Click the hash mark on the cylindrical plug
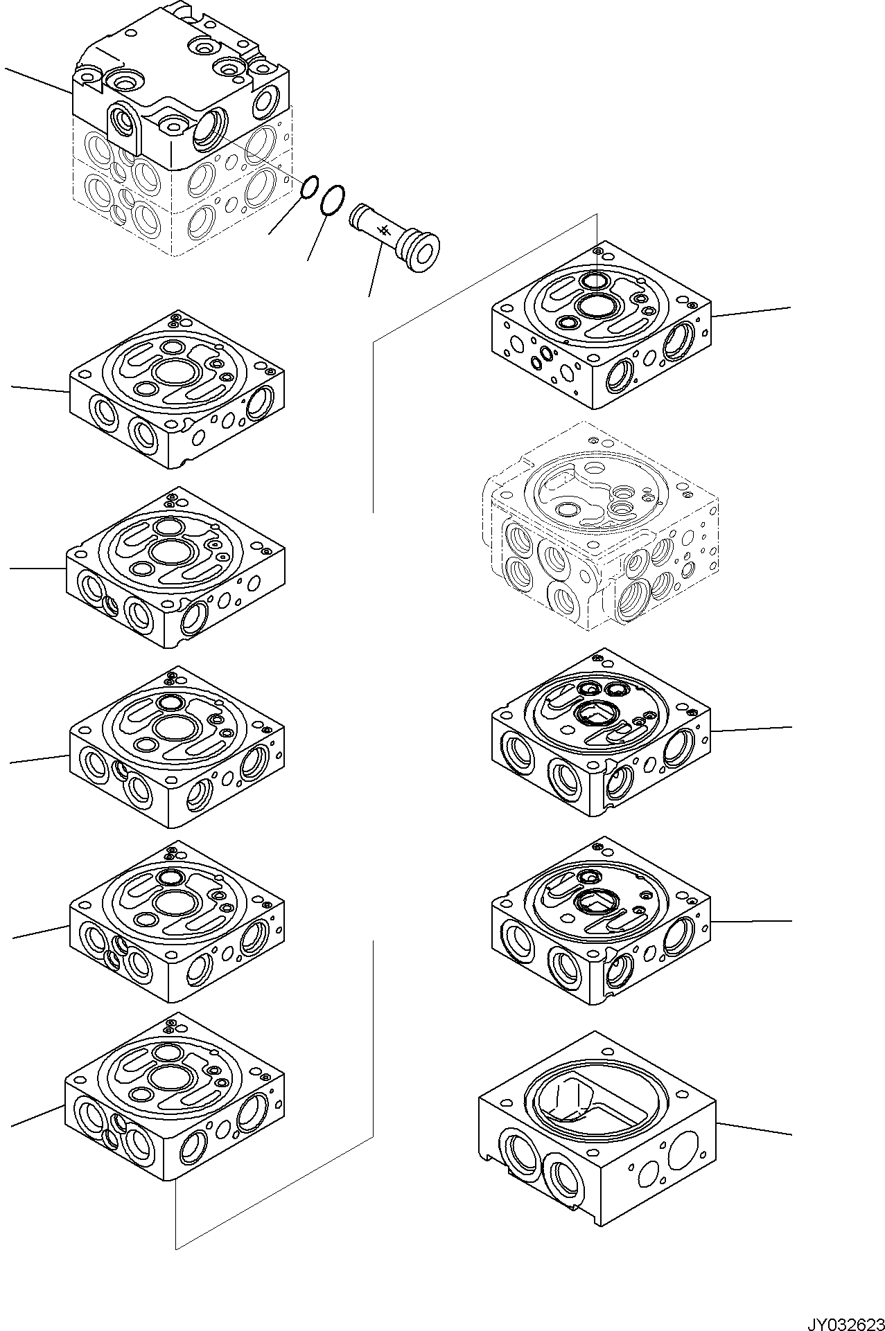point(381,231)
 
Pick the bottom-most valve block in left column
point(175,1101)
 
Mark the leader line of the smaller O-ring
point(286,215)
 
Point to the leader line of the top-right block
point(751,312)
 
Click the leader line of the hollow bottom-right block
point(753,1129)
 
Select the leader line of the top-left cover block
point(38,80)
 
